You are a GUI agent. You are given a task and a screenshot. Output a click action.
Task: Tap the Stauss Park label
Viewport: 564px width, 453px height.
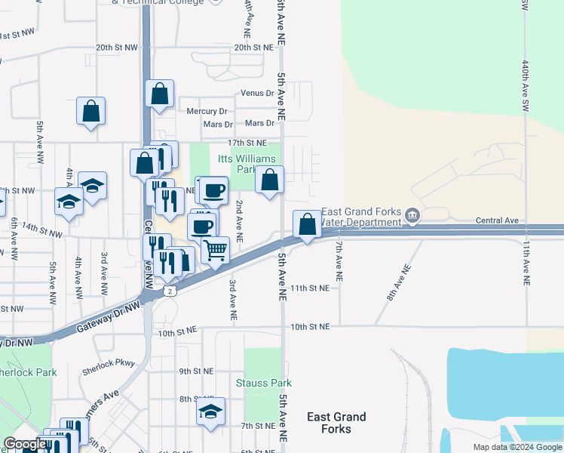click(262, 383)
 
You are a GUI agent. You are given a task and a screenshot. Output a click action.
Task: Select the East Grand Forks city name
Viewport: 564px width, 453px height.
click(336, 423)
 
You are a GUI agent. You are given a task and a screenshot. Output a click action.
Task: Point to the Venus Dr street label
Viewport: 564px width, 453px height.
click(257, 93)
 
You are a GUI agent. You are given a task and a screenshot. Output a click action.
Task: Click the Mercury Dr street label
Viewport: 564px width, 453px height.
click(208, 112)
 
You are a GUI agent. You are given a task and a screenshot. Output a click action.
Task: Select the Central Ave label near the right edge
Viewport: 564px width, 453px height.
click(498, 220)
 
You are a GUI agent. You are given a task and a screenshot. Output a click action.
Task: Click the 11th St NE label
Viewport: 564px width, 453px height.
click(309, 288)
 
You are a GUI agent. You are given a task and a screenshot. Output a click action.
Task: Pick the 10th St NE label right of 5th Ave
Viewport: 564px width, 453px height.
click(310, 326)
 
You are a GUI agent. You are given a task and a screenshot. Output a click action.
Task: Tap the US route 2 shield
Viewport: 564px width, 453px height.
click(171, 291)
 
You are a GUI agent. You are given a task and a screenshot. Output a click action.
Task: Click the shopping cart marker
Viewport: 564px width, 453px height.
click(216, 249)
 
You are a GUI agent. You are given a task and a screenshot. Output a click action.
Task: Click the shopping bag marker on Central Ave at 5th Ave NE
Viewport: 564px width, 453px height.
click(307, 224)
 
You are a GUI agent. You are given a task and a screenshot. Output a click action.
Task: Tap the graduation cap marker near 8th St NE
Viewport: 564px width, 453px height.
click(210, 411)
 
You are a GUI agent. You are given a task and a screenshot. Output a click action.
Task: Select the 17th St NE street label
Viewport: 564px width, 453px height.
click(247, 143)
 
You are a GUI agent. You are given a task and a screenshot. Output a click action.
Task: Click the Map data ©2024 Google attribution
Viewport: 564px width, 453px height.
click(516, 447)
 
